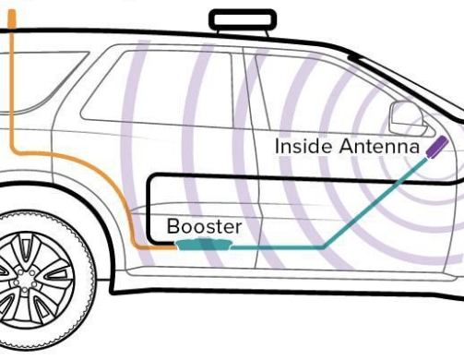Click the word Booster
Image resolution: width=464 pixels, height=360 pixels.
[x=204, y=226]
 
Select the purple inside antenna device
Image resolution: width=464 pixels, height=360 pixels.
[x=436, y=147]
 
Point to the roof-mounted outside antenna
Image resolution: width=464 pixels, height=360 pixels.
[x=243, y=19]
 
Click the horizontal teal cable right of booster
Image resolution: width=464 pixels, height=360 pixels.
[x=277, y=247]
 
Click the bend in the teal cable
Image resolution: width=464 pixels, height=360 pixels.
[x=324, y=247]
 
